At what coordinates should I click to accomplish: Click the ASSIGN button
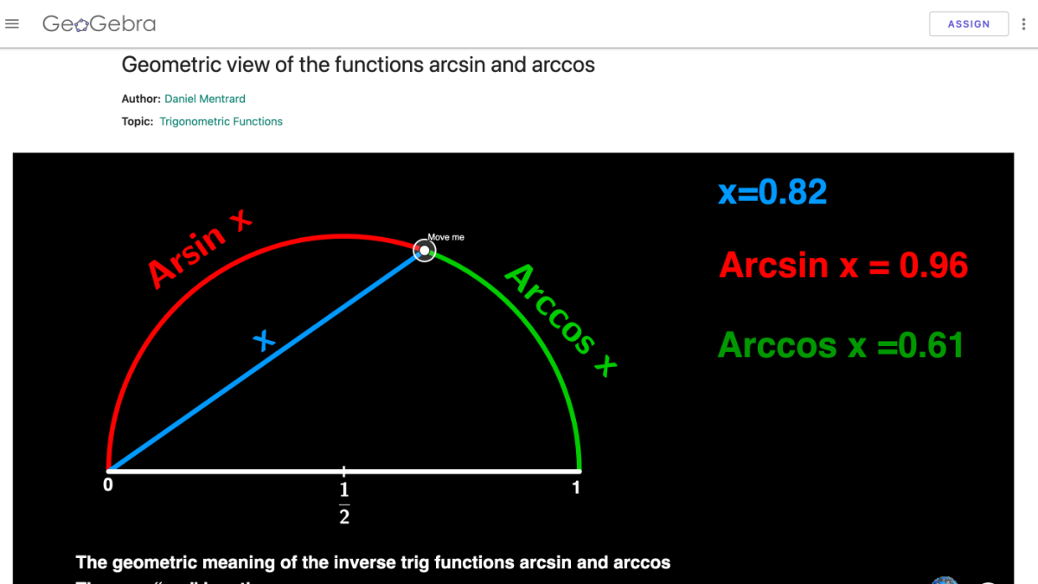[968, 24]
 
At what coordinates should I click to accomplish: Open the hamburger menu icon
[12, 24]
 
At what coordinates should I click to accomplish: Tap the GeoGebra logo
[99, 24]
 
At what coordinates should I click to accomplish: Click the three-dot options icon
[1024, 24]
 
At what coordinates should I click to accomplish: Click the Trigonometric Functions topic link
[221, 121]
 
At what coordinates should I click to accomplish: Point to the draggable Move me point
[424, 251]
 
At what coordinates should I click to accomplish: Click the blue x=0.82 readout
[772, 192]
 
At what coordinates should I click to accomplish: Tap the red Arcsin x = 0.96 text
[843, 266]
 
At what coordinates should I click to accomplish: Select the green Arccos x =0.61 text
[840, 345]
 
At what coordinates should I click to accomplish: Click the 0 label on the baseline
[108, 486]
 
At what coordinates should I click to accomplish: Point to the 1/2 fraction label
[344, 504]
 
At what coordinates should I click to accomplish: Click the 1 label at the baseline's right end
[576, 488]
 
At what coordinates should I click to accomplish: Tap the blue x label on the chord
[264, 341]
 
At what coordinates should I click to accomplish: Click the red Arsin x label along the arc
[199, 250]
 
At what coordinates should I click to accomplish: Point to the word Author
[140, 99]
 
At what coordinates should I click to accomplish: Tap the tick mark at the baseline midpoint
[344, 472]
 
